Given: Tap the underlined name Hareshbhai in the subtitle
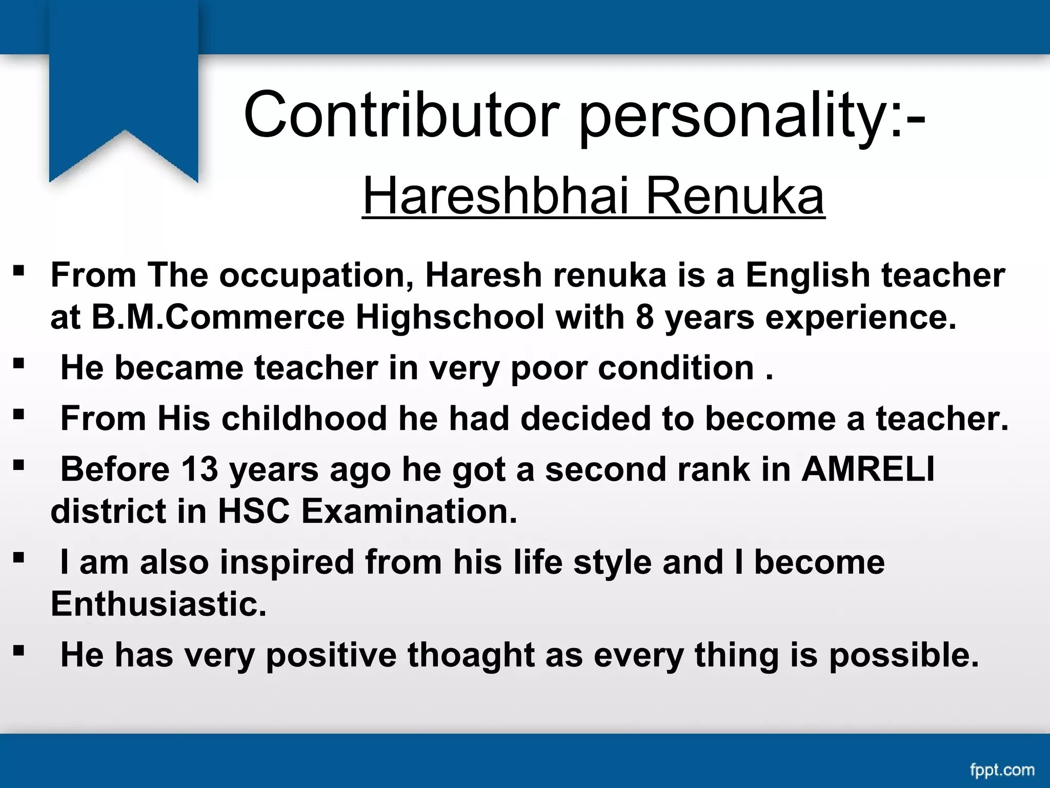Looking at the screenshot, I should (x=495, y=196).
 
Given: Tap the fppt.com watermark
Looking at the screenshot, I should (x=1002, y=770).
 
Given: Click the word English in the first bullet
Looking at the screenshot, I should (x=807, y=275).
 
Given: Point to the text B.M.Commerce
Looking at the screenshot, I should (x=218, y=317).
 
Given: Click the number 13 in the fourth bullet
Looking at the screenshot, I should (x=199, y=469).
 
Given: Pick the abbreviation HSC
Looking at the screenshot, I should (x=254, y=511).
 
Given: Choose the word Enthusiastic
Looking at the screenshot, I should (x=158, y=604).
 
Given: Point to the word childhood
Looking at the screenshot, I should (x=304, y=419).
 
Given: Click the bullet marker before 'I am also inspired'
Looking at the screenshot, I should (x=18, y=558).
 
